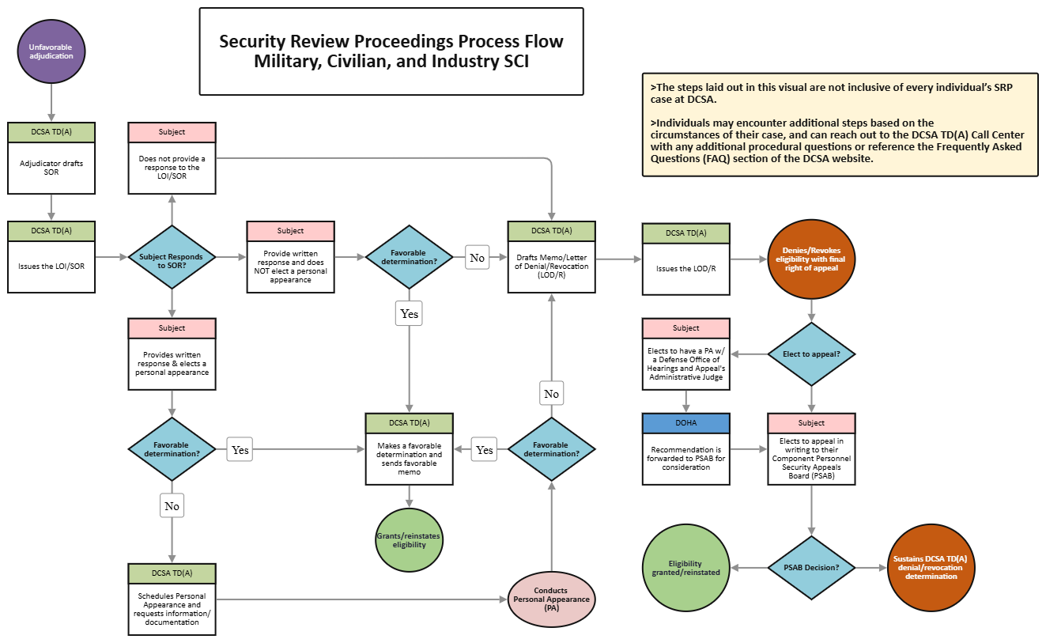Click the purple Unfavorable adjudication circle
point(51,51)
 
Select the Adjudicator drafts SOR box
point(51,167)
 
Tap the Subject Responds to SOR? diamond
point(172,257)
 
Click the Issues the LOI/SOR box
point(51,266)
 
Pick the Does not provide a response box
point(172,167)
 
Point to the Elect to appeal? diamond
point(811,354)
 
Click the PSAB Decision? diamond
point(811,568)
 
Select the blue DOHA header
point(685,423)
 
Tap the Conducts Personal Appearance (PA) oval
point(551,599)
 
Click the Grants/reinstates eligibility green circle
point(409,540)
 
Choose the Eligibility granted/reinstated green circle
point(685,568)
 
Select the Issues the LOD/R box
point(685,267)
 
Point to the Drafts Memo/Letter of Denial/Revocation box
point(551,266)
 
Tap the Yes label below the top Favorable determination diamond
point(409,313)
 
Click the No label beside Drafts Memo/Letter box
point(477,258)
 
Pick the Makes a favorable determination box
point(409,460)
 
